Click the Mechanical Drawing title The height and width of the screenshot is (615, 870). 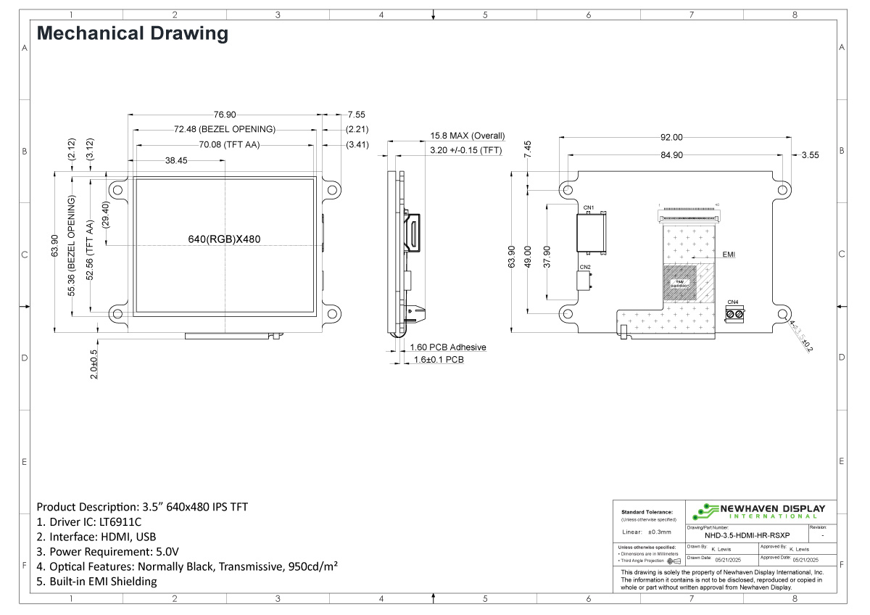132,33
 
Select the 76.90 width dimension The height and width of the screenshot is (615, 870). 225,115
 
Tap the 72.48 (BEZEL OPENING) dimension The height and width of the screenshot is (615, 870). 225,129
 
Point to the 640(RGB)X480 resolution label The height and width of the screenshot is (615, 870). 225,239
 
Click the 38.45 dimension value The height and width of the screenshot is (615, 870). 176,160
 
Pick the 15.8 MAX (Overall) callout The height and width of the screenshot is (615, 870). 467,136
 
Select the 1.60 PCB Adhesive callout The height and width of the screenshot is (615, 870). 447,347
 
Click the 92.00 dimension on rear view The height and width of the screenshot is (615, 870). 671,137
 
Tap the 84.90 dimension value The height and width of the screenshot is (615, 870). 671,154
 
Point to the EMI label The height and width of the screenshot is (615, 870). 729,255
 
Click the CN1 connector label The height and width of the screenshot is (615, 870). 588,208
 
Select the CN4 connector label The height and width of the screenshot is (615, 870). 732,302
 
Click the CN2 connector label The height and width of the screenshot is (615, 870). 586,268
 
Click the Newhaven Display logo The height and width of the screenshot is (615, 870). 758,511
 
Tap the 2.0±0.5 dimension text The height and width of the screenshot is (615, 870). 94,364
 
